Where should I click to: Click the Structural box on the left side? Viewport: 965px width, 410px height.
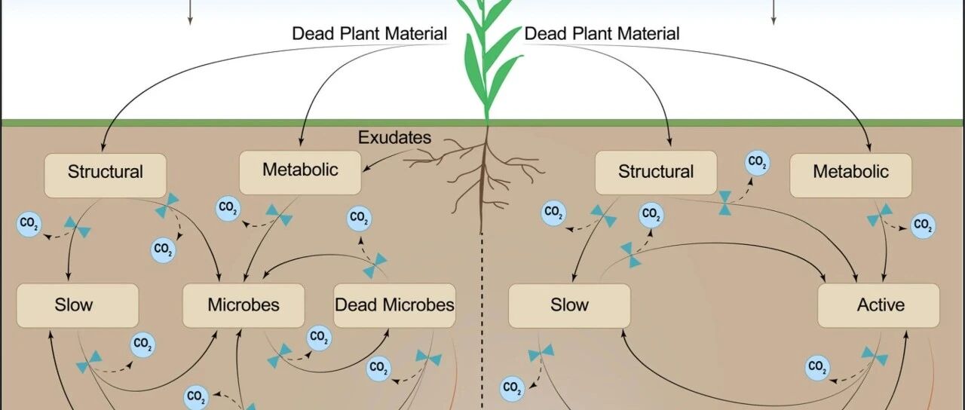coord(105,176)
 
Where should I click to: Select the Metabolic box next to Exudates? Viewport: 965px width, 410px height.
coord(300,173)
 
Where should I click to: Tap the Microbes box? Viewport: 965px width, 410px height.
coord(244,305)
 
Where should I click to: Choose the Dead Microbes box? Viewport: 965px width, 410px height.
coord(394,305)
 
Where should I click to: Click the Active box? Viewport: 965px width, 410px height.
coord(878,305)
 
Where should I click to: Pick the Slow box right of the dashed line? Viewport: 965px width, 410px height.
coord(569,305)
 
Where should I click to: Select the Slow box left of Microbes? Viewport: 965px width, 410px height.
coord(78,305)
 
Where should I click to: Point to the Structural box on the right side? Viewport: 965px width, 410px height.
coord(656,173)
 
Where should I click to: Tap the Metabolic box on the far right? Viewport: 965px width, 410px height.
coord(851,176)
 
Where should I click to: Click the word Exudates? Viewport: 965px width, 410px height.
coord(394,137)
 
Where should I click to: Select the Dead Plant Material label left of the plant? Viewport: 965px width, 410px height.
coord(369,34)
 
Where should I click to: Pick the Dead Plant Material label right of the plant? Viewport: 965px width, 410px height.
coord(602,34)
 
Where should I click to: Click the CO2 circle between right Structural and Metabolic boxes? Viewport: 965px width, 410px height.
coord(758,163)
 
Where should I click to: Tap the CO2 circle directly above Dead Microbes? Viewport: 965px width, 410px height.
coord(359,219)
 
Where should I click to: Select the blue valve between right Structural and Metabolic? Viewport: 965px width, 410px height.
coord(725,203)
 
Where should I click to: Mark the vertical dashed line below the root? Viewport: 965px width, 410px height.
coord(482,321)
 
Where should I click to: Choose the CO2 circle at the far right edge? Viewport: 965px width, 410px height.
coord(923,225)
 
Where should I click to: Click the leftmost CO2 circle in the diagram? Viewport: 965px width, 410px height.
coord(29,224)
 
